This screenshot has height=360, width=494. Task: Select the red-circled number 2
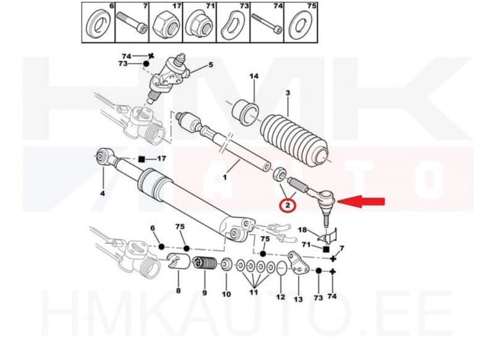coord(288,204)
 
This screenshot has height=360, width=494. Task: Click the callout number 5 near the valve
coord(211,65)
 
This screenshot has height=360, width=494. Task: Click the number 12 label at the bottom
coord(280,297)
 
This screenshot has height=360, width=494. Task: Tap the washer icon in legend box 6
coord(96,25)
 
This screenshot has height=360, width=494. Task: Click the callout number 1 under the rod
coord(225,177)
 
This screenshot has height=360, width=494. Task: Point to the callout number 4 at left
coord(103,193)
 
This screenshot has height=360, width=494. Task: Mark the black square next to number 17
coord(141,159)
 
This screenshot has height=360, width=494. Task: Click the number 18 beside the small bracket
coord(303,230)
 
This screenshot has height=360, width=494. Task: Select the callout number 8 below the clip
coord(178,291)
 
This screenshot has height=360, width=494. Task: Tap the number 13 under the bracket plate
coord(298,300)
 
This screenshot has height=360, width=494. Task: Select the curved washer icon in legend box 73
coord(235,25)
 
